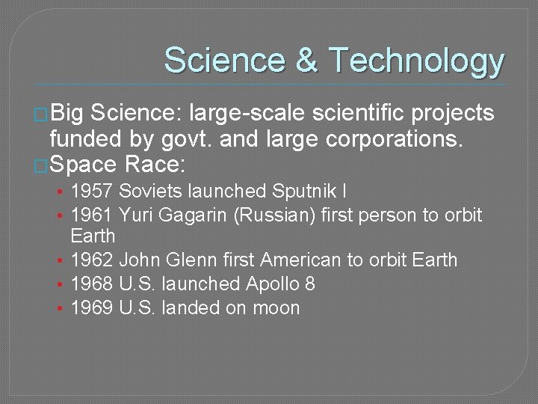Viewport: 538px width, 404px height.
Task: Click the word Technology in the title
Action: tap(415, 61)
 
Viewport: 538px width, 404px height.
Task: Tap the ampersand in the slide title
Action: tap(306, 60)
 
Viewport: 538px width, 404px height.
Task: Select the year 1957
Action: tap(93, 192)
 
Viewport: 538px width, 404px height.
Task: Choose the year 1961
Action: tap(93, 216)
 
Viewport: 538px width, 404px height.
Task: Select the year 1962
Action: tap(93, 260)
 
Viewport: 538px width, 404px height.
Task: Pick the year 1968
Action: tap(93, 284)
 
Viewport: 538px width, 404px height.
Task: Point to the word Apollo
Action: tap(273, 284)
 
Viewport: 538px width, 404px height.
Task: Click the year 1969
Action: tap(93, 308)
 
